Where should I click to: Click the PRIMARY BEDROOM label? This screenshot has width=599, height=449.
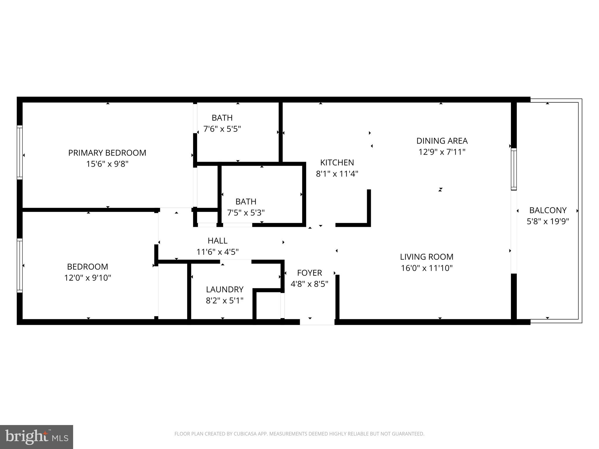click(107, 153)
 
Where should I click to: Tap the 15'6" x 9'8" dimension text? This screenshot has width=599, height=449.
click(107, 164)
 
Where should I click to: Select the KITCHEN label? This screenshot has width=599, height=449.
click(337, 163)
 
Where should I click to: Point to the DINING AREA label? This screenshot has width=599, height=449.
click(442, 141)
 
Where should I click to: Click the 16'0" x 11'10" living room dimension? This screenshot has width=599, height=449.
click(426, 268)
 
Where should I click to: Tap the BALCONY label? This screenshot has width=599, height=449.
click(548, 210)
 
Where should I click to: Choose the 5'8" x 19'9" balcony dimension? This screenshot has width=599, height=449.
click(548, 222)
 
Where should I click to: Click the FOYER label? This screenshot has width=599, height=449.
click(309, 273)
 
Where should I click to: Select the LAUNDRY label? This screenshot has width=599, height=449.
click(225, 289)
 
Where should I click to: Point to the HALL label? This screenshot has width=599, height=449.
click(217, 241)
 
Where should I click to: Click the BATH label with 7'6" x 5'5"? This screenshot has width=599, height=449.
click(222, 118)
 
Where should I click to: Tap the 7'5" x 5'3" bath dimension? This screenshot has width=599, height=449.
click(246, 213)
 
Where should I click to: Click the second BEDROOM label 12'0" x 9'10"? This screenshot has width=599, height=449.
click(87, 267)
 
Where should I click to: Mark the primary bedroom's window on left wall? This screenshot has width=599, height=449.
click(20, 152)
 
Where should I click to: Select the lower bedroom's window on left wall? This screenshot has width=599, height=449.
click(20, 265)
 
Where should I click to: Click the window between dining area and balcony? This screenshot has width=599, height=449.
click(514, 169)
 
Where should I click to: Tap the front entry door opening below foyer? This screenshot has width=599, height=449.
click(317, 322)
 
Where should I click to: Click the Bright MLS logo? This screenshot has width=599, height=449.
click(36, 437)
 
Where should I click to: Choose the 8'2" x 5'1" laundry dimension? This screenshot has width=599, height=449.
click(225, 301)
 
